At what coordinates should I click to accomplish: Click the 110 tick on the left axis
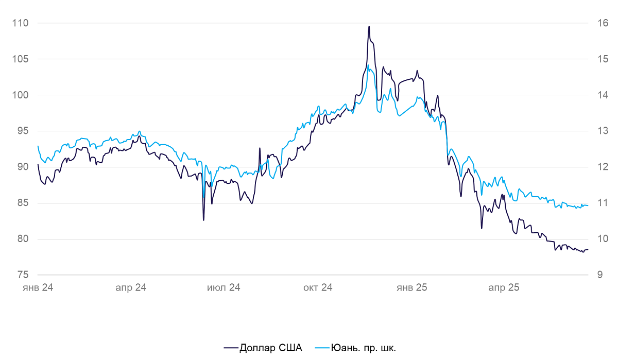[x=20, y=23]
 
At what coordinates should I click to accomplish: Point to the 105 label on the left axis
[x=20, y=59]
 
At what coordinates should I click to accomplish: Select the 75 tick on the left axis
[x=23, y=275]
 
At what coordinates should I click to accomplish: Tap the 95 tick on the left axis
[x=23, y=131]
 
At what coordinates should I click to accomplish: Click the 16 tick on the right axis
[x=603, y=23]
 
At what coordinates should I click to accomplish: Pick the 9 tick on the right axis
[x=600, y=275]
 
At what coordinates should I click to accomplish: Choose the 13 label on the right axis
[x=603, y=131]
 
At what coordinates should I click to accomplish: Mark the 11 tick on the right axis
[x=603, y=203]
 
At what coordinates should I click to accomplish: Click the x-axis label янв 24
[x=38, y=287]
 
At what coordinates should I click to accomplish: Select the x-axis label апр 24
[x=131, y=287]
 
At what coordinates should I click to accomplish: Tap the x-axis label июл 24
[x=224, y=287]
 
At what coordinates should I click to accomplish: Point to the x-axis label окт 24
[x=318, y=287]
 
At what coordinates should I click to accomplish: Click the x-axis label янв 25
[x=411, y=287]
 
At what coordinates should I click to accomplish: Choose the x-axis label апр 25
[x=504, y=287]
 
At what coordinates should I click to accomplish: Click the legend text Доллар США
[x=271, y=348]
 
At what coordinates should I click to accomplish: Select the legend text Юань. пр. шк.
[x=364, y=348]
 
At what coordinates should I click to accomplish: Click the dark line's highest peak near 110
[x=369, y=26]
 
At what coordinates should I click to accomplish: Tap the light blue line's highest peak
[x=368, y=65]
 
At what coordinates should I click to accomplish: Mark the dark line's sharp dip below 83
[x=203, y=220]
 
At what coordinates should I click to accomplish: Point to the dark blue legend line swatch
[x=231, y=348]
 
